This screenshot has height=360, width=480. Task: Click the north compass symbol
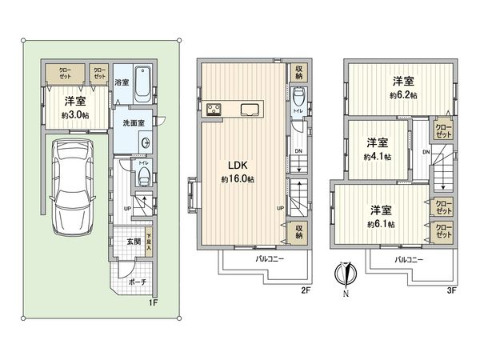346,274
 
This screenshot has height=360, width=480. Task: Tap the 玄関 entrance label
133,242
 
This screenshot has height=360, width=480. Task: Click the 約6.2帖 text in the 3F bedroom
402,94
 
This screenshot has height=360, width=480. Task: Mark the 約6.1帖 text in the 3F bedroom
380,223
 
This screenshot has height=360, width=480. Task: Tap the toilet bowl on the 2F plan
298,99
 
